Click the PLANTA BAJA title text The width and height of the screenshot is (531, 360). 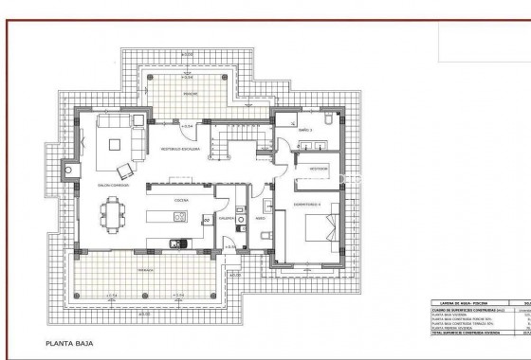tap(67, 344)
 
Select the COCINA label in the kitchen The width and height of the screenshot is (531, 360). tap(179, 200)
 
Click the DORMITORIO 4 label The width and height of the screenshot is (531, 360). tap(306, 205)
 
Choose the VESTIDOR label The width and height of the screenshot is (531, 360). tap(320, 171)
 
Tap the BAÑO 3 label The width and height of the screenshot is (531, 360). tap(305, 129)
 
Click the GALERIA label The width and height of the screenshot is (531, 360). tap(228, 215)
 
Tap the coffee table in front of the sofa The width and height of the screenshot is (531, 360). tap(117, 144)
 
